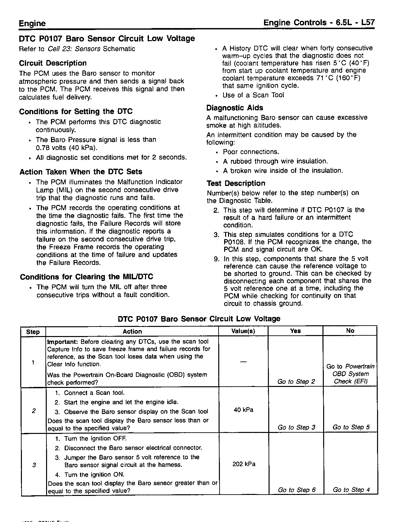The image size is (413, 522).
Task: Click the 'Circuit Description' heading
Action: [x=53, y=63]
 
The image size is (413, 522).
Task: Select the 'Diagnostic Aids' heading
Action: [x=235, y=108]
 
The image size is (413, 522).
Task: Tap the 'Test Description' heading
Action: [x=236, y=183]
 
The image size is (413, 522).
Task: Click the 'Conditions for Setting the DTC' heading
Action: [x=76, y=112]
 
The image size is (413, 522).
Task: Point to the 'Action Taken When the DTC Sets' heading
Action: [x=81, y=172]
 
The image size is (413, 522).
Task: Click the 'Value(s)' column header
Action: [x=243, y=331]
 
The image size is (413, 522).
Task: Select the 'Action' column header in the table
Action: [x=132, y=331]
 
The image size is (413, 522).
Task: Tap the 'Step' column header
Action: [x=33, y=332]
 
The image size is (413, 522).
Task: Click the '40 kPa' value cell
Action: [x=243, y=410]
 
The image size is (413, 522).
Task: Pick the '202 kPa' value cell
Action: [x=244, y=464]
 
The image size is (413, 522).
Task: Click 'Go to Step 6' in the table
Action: [x=297, y=490]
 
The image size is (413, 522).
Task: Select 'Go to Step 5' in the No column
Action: [x=351, y=427]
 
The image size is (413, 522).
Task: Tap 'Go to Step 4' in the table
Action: [x=351, y=490]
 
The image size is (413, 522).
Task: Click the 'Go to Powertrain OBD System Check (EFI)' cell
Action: [x=351, y=374]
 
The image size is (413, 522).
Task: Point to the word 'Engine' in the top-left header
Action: [x=32, y=23]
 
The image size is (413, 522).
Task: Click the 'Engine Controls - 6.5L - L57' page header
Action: [x=319, y=23]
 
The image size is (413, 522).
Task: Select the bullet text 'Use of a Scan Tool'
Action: [x=253, y=95]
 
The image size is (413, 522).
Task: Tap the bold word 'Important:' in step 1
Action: [x=62, y=342]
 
